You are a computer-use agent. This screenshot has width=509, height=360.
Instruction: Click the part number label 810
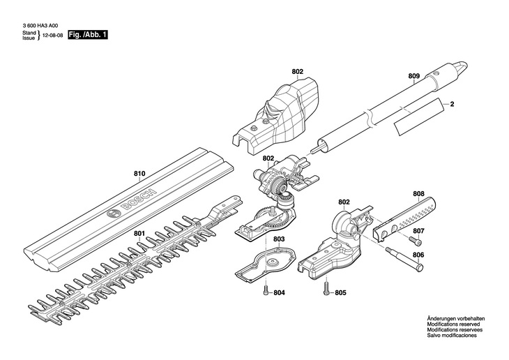[139, 174]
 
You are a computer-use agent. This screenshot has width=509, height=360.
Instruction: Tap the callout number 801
[139, 234]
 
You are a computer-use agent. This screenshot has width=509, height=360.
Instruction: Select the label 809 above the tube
[414, 76]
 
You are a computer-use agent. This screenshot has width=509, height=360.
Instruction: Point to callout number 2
[453, 104]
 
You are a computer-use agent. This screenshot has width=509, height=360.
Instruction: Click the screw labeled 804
[266, 291]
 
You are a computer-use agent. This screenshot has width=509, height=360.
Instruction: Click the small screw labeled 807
[416, 241]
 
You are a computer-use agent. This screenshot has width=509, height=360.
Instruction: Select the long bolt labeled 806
[404, 260]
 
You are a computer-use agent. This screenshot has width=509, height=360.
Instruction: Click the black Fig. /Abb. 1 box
[88, 35]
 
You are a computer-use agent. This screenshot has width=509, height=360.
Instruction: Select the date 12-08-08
[52, 35]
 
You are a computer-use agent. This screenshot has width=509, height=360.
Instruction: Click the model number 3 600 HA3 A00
[40, 26]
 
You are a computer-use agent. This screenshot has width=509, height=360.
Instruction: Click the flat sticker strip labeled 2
[418, 117]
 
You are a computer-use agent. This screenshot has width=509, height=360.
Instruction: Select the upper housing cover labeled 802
[275, 114]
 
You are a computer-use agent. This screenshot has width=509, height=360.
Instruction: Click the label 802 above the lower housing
[344, 202]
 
